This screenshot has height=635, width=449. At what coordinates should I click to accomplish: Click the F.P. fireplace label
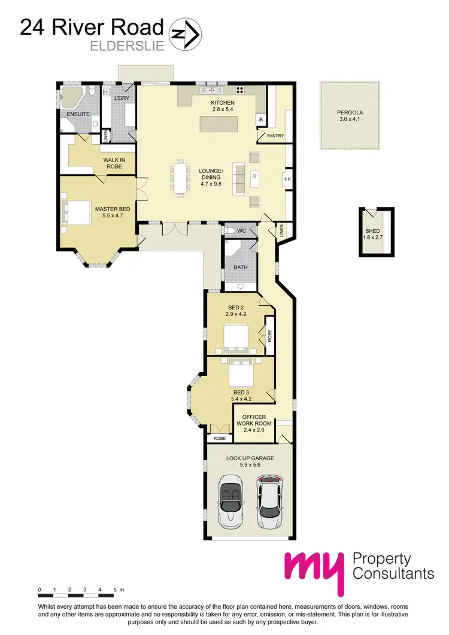click(286, 178)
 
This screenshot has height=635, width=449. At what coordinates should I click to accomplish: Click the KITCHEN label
click(222, 103)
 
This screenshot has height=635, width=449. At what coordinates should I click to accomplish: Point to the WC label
click(241, 230)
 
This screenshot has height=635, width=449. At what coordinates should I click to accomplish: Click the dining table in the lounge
click(180, 177)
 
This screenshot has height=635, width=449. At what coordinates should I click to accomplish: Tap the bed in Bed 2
click(236, 337)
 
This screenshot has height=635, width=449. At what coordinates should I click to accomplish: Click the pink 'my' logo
click(314, 573)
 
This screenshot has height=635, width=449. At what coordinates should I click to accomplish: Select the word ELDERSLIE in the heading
click(126, 45)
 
